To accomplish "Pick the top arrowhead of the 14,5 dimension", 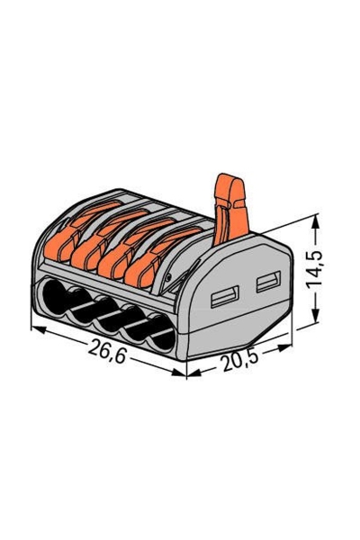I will (x=318, y=219).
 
